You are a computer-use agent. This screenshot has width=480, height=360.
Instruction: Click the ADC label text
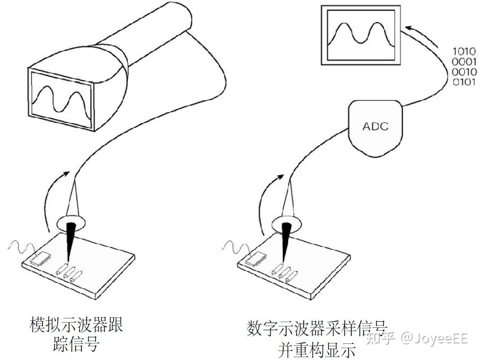point(375,126)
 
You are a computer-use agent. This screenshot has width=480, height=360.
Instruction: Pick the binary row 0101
point(464,82)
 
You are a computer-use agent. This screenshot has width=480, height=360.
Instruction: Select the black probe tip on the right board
point(285,241)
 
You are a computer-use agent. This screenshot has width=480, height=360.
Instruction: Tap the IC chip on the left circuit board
point(42,257)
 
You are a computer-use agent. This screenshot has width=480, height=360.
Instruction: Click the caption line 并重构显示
point(316,349)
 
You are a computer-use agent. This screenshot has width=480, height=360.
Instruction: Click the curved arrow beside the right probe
point(267,199)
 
